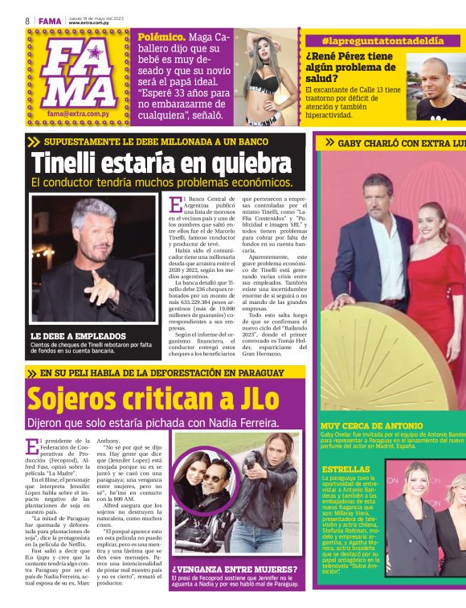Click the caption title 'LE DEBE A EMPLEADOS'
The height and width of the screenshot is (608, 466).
(78, 335)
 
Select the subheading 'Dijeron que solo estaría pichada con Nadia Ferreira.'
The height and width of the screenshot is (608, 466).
(153, 422)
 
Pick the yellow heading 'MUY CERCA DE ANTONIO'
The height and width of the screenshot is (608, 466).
(371, 425)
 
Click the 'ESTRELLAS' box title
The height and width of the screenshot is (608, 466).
(345, 469)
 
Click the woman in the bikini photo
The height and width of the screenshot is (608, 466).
(269, 76)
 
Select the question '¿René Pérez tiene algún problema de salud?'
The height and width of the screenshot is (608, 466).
(349, 68)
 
